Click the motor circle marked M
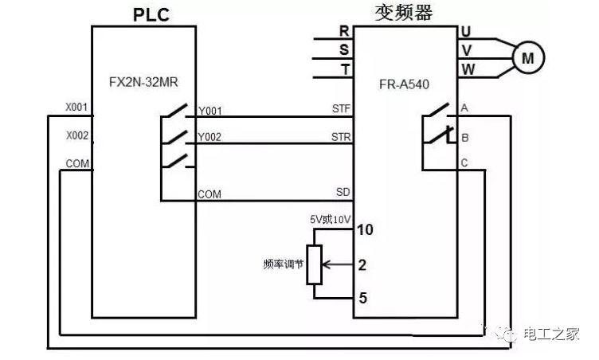coord(527,57)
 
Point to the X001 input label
coord(76,106)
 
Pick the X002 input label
coord(76,135)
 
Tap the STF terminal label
coord(340,107)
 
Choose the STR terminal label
coord(340,136)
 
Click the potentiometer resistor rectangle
coord(315,264)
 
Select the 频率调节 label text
coord(283,264)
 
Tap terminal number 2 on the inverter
coord(362,264)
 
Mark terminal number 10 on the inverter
coord(366,230)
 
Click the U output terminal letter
coord(467,32)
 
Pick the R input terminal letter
coord(344,32)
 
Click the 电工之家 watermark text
coord(551,335)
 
